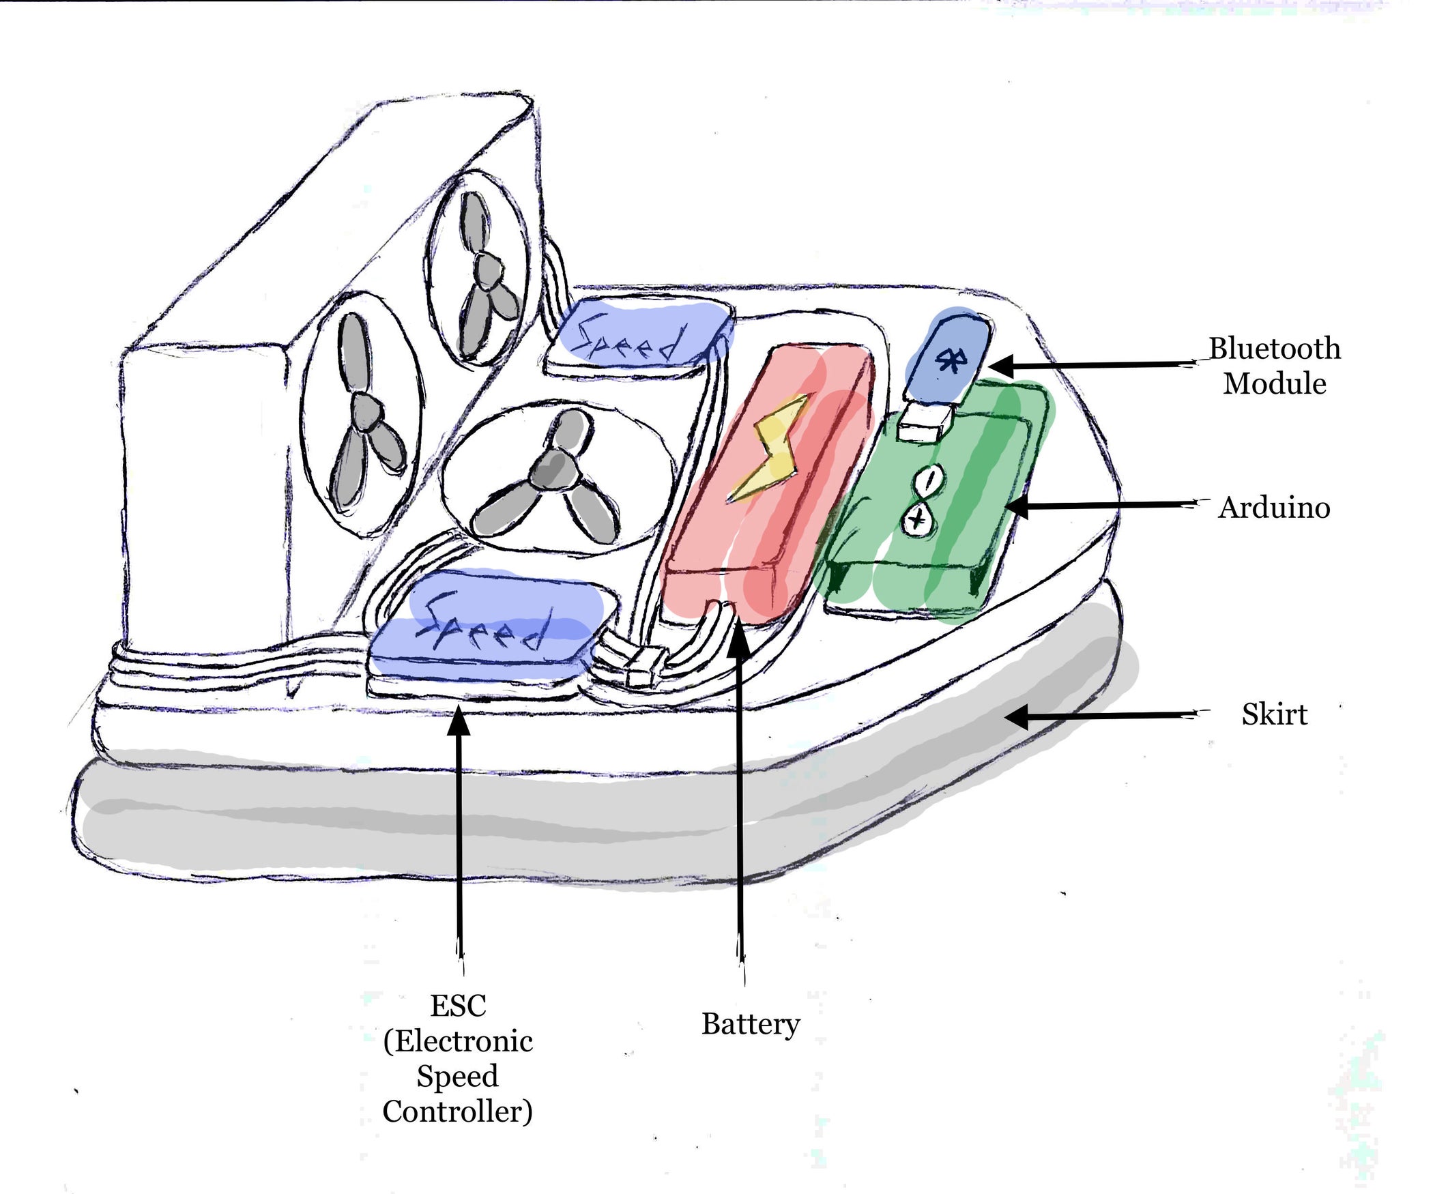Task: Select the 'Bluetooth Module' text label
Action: [x=1274, y=366]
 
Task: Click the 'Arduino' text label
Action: [x=1274, y=508]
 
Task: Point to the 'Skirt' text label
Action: [x=1274, y=714]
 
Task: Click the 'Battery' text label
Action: [x=751, y=1024]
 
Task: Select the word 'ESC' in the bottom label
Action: [x=458, y=1006]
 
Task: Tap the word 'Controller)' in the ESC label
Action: [x=458, y=1111]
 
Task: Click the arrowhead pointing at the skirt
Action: [x=1017, y=717]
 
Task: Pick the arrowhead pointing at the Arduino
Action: [x=1017, y=507]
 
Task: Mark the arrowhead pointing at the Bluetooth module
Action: [x=1002, y=366]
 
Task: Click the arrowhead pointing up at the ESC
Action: [x=459, y=720]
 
